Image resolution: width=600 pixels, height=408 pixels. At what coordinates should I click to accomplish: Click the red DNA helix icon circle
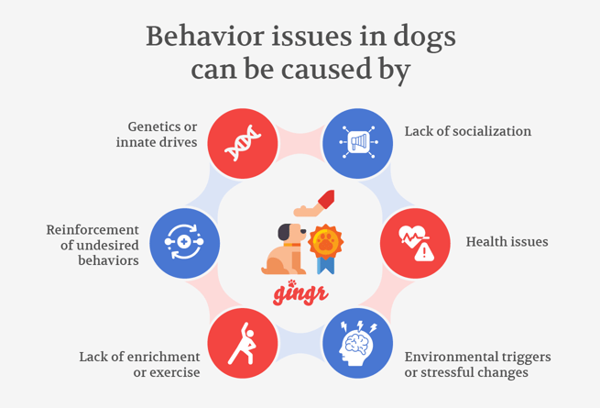(x=242, y=142)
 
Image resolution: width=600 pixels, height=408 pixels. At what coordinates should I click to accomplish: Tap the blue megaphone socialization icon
(x=357, y=142)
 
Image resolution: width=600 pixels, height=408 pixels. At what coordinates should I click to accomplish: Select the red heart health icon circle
(x=415, y=243)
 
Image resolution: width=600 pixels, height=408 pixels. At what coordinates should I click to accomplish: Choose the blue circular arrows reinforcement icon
(x=184, y=243)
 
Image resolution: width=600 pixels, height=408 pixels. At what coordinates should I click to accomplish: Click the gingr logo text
(x=300, y=292)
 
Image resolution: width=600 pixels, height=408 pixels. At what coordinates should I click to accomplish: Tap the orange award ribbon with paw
(x=324, y=248)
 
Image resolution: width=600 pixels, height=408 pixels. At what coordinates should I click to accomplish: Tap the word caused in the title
(x=328, y=70)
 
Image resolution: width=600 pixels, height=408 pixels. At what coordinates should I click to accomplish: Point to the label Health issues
(x=507, y=242)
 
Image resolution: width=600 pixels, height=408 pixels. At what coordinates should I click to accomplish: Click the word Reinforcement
(x=93, y=229)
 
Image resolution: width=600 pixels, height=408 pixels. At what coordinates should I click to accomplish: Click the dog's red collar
(x=291, y=245)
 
